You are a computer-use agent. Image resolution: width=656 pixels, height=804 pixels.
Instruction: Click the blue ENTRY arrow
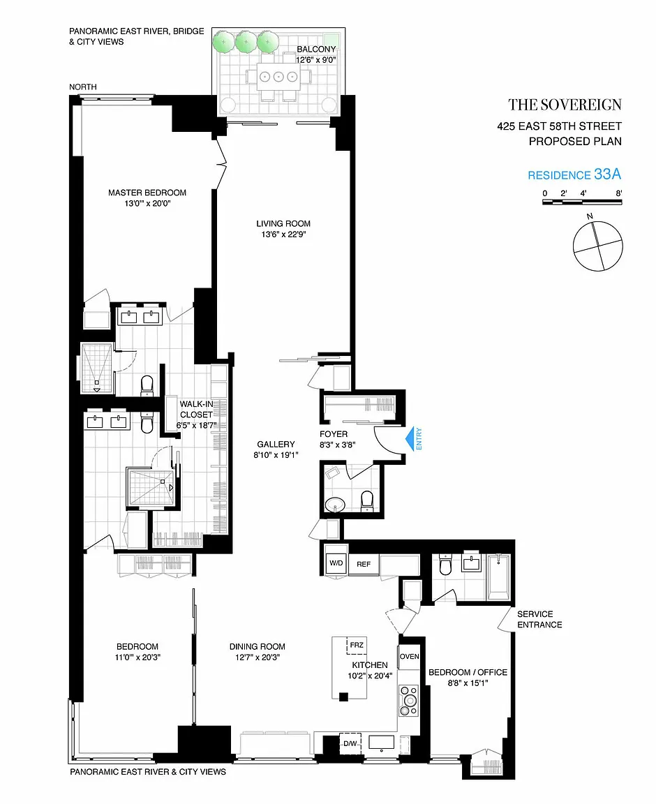coord(410,440)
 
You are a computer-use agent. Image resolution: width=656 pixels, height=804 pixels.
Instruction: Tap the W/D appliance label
coord(336,563)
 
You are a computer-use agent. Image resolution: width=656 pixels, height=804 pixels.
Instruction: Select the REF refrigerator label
coord(364,564)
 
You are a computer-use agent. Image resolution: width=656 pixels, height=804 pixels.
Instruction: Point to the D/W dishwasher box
coord(350,743)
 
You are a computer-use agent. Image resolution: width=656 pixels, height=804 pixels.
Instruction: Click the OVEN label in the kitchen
coord(409,656)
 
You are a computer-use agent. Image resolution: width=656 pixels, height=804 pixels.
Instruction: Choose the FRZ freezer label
coord(357,645)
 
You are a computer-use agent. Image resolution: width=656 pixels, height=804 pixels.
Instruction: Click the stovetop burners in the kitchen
coord(409,701)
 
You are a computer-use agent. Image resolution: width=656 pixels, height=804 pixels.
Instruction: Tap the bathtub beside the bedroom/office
coord(498,577)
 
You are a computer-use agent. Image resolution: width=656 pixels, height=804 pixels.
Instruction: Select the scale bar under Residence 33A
coord(582,202)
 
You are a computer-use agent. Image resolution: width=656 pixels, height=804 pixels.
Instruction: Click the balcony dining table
coord(278,77)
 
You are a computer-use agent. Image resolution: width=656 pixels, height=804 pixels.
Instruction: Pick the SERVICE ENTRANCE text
coord(539,620)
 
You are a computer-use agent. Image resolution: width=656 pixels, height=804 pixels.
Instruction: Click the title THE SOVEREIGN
coord(565,105)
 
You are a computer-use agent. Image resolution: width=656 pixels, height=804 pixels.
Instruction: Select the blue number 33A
coord(608,174)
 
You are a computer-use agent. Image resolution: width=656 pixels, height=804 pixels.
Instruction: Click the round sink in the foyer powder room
coord(336,504)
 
